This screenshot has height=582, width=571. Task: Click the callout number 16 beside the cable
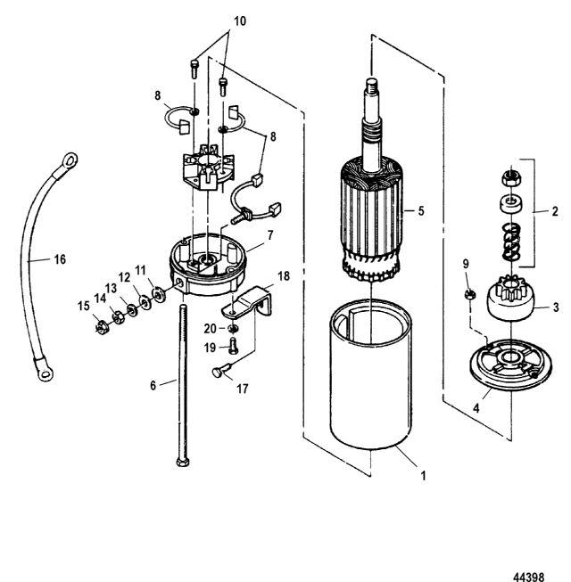(x=34, y=260)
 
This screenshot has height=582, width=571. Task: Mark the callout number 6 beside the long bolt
(x=152, y=385)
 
